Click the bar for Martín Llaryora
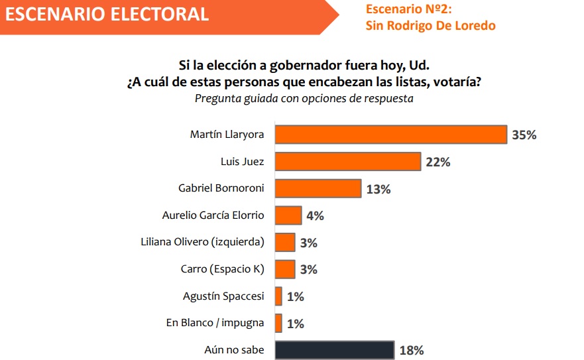391,135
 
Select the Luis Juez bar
348,162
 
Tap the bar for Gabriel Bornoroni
318,188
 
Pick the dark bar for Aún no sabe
334,350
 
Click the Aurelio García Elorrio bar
288,215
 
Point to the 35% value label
524,135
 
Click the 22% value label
438,162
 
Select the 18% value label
411,350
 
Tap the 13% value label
378,189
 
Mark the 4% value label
315,216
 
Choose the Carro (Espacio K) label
222,269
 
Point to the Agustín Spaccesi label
223,296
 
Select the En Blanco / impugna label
215,323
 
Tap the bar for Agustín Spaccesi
278,296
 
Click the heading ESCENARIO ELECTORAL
106,13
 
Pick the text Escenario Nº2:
408,10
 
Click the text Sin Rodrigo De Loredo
430,26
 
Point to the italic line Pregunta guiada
304,99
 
